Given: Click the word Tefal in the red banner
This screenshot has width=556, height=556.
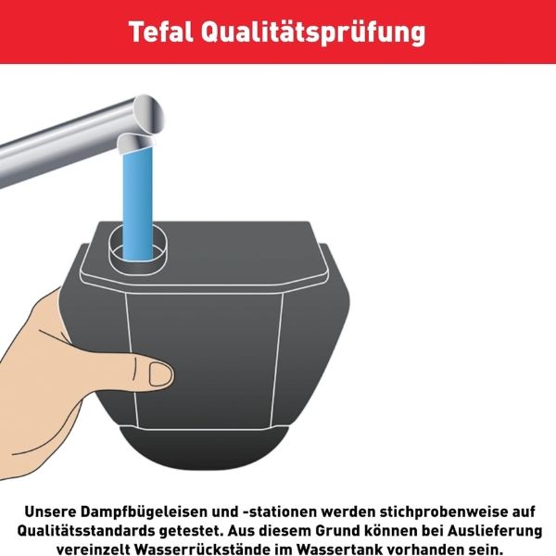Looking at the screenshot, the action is [161, 32].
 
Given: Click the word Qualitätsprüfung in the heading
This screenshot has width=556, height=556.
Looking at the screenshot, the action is [313, 33].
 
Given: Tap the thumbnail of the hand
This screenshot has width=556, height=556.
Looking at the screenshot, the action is [160, 374].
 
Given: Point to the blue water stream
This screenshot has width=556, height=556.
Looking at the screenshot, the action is [137, 202].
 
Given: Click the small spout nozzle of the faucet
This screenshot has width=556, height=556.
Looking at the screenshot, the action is [135, 143].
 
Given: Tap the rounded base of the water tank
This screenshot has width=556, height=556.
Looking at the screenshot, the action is [204, 448].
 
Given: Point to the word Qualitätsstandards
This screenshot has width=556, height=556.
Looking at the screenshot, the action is [86, 531].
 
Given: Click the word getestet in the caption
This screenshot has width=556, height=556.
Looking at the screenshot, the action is [191, 531].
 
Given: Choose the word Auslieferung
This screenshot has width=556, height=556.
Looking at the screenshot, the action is [494, 531].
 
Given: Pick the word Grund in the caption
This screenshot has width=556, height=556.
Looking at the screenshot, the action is [336, 531].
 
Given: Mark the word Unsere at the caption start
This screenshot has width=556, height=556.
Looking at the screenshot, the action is [50, 512].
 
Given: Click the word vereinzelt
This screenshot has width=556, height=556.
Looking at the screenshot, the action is [94, 550].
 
